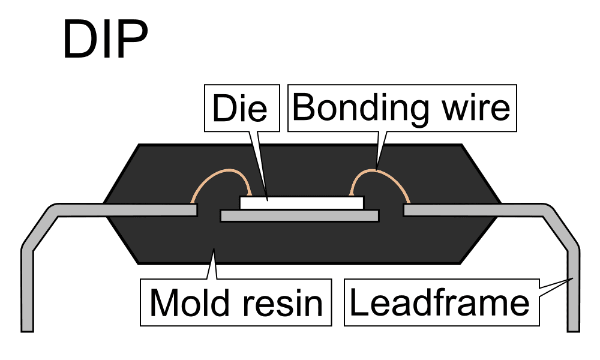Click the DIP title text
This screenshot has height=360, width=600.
click(x=105, y=41)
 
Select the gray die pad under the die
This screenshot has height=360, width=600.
click(x=299, y=215)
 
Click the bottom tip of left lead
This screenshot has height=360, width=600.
click(x=27, y=328)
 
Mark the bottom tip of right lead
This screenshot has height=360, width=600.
click(x=574, y=328)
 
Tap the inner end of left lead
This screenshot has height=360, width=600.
click(x=193, y=210)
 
